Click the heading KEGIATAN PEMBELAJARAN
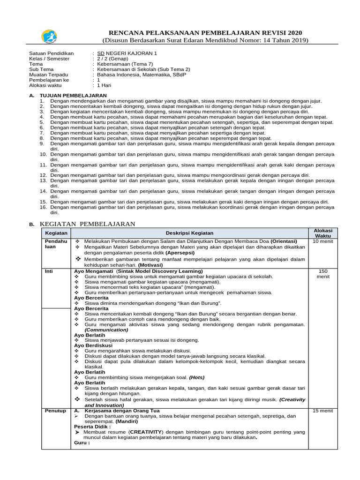[x=88, y=224]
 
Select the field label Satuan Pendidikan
[x=51, y=53]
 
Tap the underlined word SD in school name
[x=100, y=53]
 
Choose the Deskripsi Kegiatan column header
[x=189, y=233]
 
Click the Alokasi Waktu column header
[x=322, y=233]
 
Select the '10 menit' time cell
[x=322, y=241]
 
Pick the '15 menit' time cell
[x=322, y=411]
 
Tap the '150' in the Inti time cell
[x=322, y=271]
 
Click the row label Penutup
[x=55, y=411]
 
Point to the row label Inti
[x=49, y=271]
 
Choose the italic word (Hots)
[x=197, y=377]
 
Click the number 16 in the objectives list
[x=43, y=207]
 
